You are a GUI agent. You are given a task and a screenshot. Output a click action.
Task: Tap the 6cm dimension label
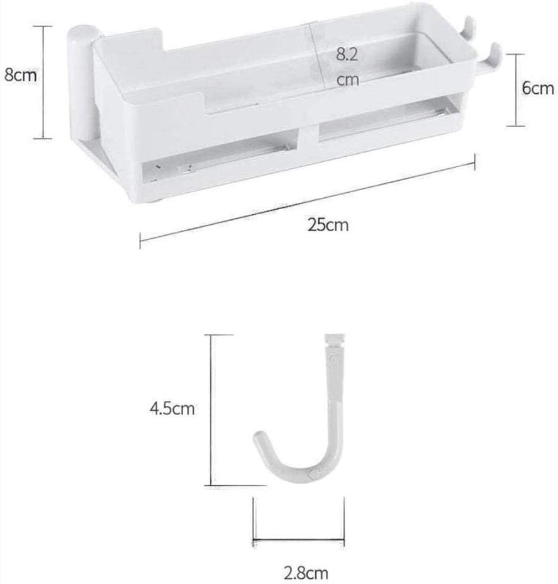[538, 88]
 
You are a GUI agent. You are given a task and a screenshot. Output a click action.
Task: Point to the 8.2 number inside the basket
[346, 55]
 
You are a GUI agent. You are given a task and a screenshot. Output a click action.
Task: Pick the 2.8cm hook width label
[306, 573]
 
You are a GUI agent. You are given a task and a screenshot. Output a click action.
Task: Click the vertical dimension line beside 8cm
[43, 82]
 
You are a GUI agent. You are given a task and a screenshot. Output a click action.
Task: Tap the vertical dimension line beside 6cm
[516, 89]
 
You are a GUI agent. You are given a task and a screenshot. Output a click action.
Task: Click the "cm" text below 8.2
[347, 80]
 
